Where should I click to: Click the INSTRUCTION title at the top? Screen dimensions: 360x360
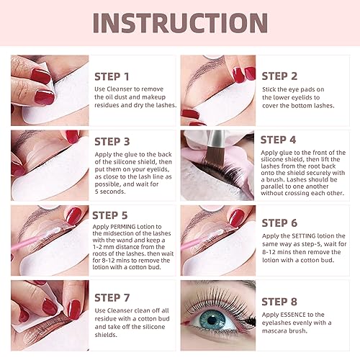pos(180,23)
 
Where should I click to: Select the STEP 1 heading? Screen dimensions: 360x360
pos(112,77)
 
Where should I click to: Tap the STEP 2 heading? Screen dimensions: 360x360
pos(279,76)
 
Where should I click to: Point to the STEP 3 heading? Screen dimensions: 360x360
pos(112,142)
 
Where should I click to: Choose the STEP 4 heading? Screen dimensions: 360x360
pos(279,140)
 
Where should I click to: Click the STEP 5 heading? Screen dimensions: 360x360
pos(110,215)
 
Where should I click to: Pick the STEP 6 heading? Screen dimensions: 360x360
pos(279,223)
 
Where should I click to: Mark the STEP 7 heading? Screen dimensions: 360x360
pos(112,298)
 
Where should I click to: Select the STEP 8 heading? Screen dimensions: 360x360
pos(279,302)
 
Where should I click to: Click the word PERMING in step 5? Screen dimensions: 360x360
pos(123,227)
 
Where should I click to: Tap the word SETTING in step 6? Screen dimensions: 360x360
pos(304,236)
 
